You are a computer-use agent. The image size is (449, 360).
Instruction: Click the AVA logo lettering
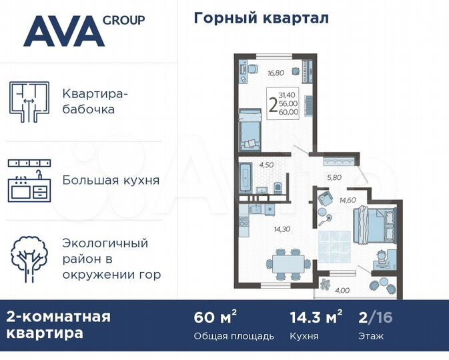coord(63,31)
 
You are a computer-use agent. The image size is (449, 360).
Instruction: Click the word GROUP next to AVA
coord(124,20)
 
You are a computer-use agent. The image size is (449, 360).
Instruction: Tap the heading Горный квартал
coord(261,18)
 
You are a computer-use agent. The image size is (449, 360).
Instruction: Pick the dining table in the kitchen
coord(288,262)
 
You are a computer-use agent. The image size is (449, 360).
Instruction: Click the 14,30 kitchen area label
coord(283,228)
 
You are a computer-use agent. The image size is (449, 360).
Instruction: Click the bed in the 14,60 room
coord(374,224)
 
